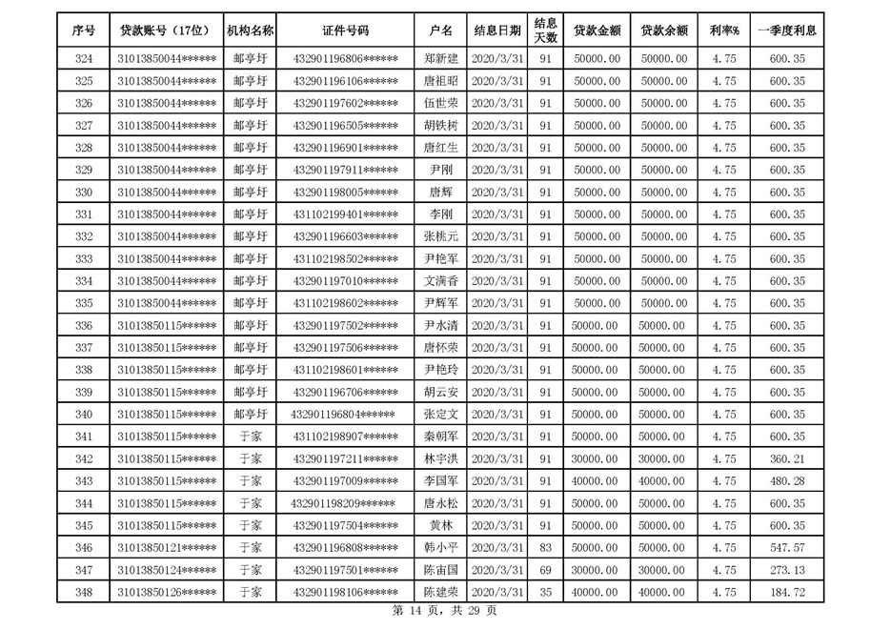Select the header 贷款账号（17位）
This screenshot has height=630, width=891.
[x=166, y=30]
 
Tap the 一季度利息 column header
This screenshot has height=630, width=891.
[x=786, y=30]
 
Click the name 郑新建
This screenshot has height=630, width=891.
[x=441, y=59]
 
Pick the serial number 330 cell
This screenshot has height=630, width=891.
[x=83, y=193]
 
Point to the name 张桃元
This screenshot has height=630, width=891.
[x=441, y=236]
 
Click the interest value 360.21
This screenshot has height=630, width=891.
[x=786, y=459]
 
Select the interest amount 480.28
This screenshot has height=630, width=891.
[x=786, y=481]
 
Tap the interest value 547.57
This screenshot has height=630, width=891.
[x=786, y=548]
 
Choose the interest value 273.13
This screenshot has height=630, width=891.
[x=786, y=570]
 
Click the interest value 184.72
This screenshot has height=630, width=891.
[x=786, y=593]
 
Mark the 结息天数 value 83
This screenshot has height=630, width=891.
[x=545, y=548]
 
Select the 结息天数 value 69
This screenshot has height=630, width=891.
[x=545, y=570]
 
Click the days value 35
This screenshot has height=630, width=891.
[x=545, y=593]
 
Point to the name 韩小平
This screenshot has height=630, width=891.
[x=441, y=548]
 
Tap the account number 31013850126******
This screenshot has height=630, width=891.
[x=166, y=593]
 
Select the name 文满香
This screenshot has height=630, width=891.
[x=441, y=281]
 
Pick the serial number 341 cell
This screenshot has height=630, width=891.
[x=83, y=437]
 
